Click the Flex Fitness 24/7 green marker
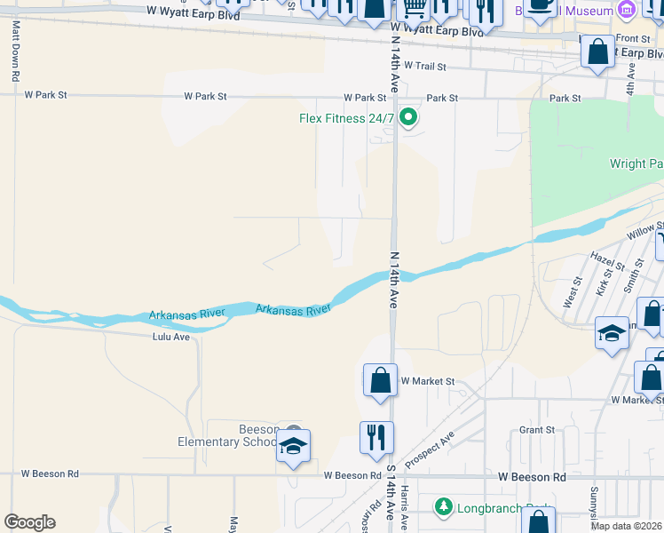point(408,116)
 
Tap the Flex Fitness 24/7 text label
point(345,118)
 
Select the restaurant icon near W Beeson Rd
point(376,436)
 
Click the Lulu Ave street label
point(171,337)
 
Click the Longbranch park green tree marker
point(443,507)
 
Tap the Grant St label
point(537,429)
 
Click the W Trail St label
point(423,66)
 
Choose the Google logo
point(29,522)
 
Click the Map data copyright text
point(626,526)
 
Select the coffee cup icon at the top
point(540,4)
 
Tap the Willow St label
point(644,232)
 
